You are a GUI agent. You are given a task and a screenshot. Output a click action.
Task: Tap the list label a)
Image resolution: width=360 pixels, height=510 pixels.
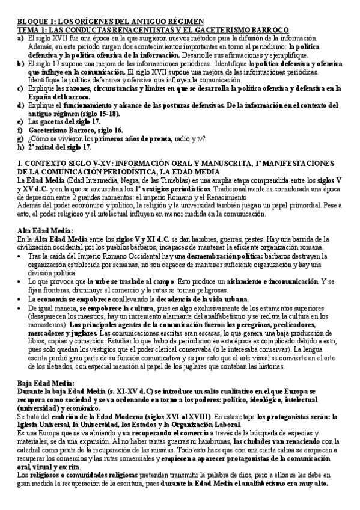(x=20, y=37)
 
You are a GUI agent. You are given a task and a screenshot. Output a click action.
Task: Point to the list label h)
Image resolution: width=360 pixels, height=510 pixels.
(x=20, y=147)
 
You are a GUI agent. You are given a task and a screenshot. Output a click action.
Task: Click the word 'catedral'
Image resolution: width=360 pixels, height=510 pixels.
(x=32, y=458)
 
